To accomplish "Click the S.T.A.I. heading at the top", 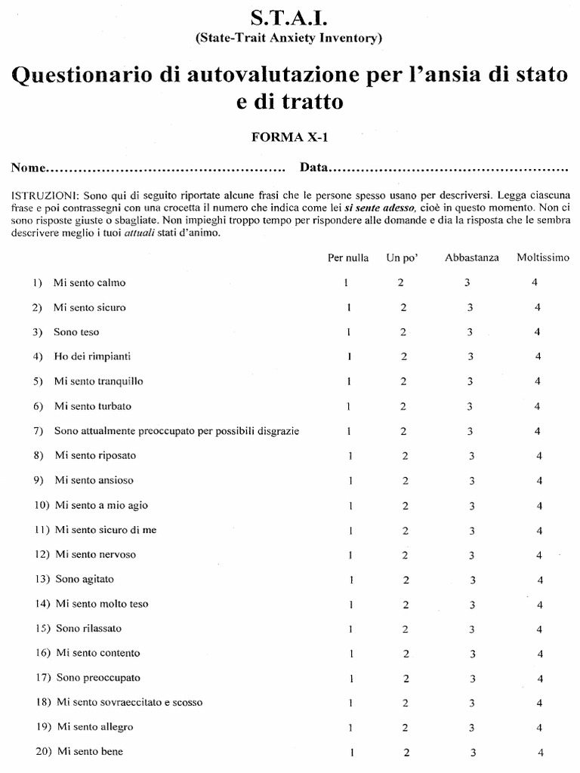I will [x=289, y=18].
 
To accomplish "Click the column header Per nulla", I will [x=348, y=257].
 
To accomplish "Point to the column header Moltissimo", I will [x=543, y=257].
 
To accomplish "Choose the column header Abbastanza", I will [x=472, y=257].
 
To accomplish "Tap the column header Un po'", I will [x=402, y=257].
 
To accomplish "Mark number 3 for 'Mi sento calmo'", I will [x=468, y=282].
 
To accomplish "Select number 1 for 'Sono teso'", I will [x=348, y=332].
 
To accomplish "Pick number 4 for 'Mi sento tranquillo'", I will [x=538, y=381].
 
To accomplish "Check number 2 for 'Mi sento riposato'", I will [x=406, y=456].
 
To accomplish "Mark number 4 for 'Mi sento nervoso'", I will [x=539, y=555].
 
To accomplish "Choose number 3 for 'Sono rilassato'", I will [x=472, y=629].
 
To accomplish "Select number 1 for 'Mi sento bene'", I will [x=352, y=753].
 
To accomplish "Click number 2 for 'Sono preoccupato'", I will [x=406, y=679].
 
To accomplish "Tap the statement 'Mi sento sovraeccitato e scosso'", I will [x=129, y=702].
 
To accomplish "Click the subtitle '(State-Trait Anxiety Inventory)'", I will [x=289, y=38].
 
